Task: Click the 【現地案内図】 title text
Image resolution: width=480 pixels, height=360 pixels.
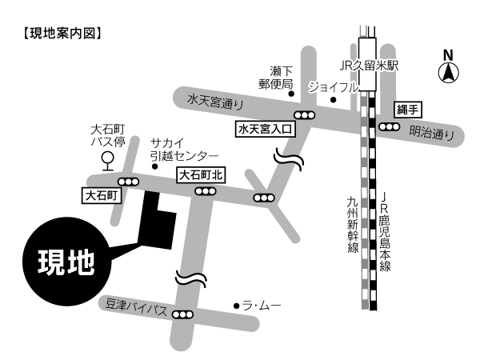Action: click(x=62, y=34)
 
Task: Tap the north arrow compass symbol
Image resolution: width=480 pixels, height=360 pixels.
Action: click(x=449, y=73)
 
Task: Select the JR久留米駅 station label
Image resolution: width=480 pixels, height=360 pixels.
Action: click(x=369, y=66)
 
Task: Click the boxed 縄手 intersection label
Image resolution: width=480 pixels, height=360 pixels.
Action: click(x=408, y=110)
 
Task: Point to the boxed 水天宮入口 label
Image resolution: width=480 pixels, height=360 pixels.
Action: click(x=265, y=129)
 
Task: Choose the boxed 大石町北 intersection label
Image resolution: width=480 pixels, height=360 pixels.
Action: click(x=201, y=175)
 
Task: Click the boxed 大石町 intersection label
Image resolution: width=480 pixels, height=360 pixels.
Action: click(x=102, y=195)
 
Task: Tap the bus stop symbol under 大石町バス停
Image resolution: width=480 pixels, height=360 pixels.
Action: click(x=108, y=162)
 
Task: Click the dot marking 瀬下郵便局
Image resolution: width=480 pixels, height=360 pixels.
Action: click(x=291, y=94)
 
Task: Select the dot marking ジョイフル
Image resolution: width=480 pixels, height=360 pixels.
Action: click(x=334, y=100)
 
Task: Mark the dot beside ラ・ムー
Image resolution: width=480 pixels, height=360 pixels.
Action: click(x=236, y=306)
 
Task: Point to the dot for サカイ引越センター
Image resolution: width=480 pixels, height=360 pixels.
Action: click(x=155, y=166)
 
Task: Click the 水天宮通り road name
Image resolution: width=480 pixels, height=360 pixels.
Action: click(x=215, y=102)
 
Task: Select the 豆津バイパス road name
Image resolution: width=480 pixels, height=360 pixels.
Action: click(x=136, y=307)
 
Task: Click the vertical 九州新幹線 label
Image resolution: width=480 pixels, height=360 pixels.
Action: click(x=353, y=225)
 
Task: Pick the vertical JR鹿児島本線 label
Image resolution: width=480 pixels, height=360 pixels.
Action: click(x=385, y=232)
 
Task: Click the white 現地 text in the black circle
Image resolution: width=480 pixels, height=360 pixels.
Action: click(x=66, y=262)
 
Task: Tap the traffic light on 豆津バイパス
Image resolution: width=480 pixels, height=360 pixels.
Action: click(x=182, y=314)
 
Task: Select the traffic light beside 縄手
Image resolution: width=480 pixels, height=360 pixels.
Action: click(x=390, y=126)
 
